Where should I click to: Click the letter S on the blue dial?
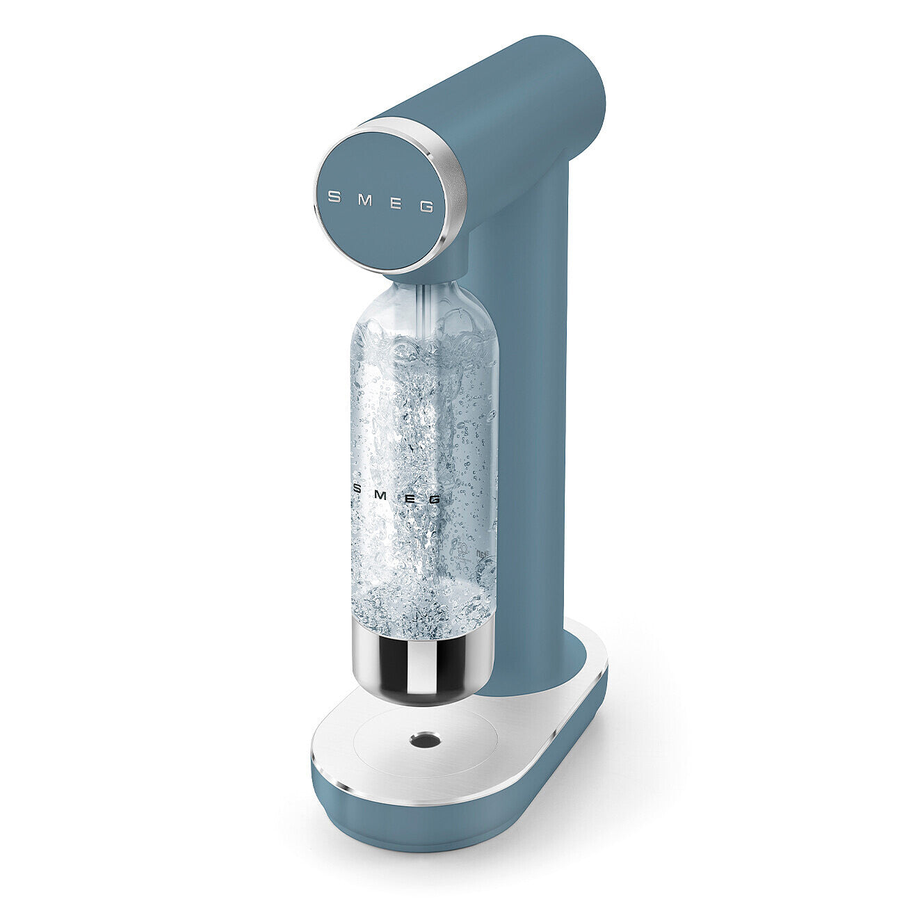pos(334,197)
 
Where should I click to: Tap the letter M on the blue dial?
pos(366,200)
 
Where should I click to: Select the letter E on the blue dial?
pos(397,203)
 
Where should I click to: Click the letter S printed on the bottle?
pos(358,488)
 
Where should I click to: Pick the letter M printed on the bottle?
pos(385,492)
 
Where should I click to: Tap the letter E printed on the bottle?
pos(410,495)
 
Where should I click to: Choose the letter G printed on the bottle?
pos(435,499)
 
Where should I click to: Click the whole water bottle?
pos(423,487)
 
